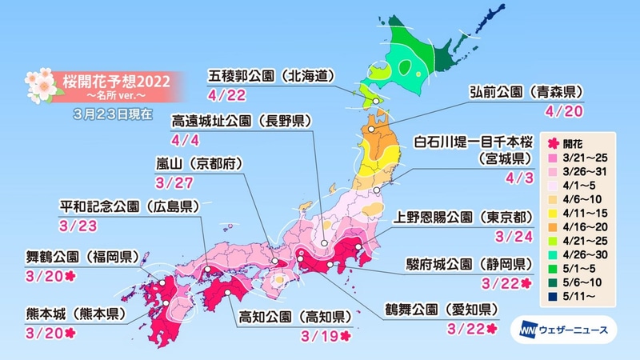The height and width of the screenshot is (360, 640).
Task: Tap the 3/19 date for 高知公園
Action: point(310,335)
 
